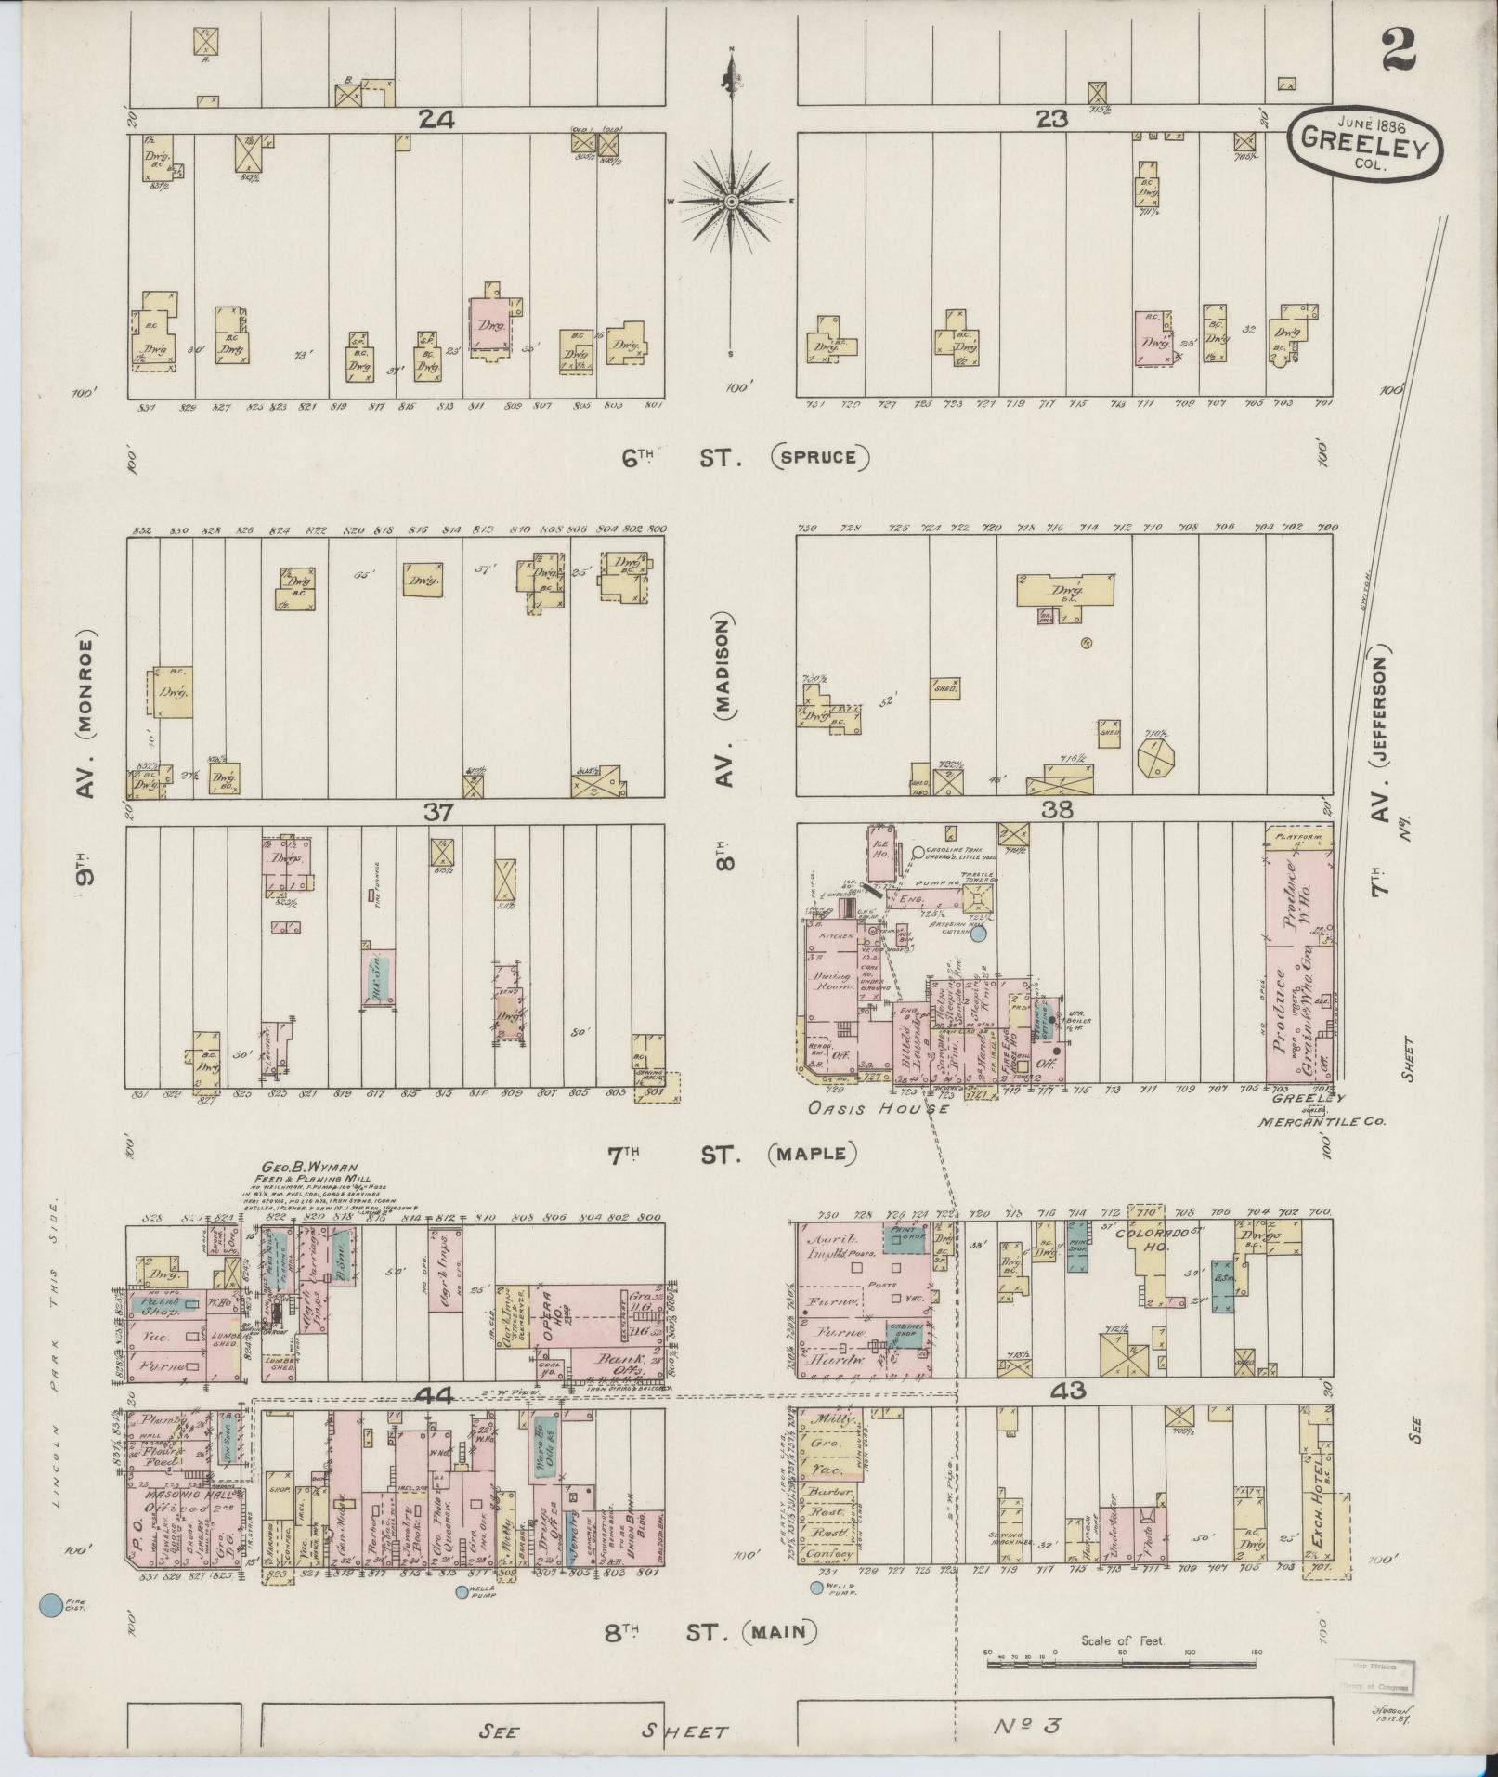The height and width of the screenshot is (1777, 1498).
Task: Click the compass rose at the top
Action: (x=732, y=202)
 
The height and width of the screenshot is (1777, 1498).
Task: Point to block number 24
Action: (x=436, y=119)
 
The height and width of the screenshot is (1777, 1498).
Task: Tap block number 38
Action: (x=1058, y=811)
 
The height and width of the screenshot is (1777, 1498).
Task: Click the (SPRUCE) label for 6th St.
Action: (x=819, y=457)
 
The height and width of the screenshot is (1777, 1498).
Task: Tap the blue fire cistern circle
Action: (x=51, y=1604)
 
